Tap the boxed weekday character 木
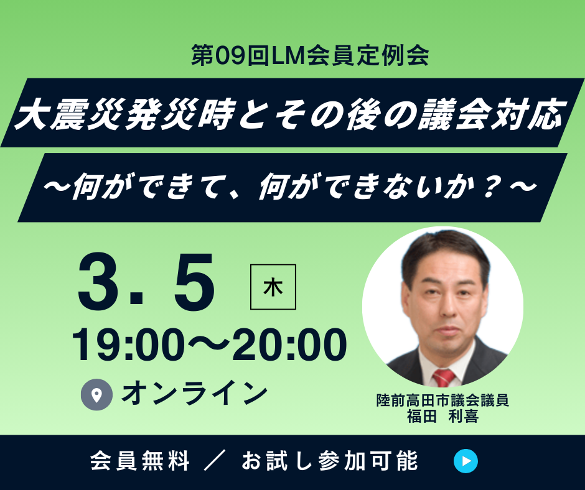coord(273,287)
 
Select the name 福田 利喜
coord(442,416)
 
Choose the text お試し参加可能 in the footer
coord(330,461)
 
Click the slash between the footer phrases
coord(215,461)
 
